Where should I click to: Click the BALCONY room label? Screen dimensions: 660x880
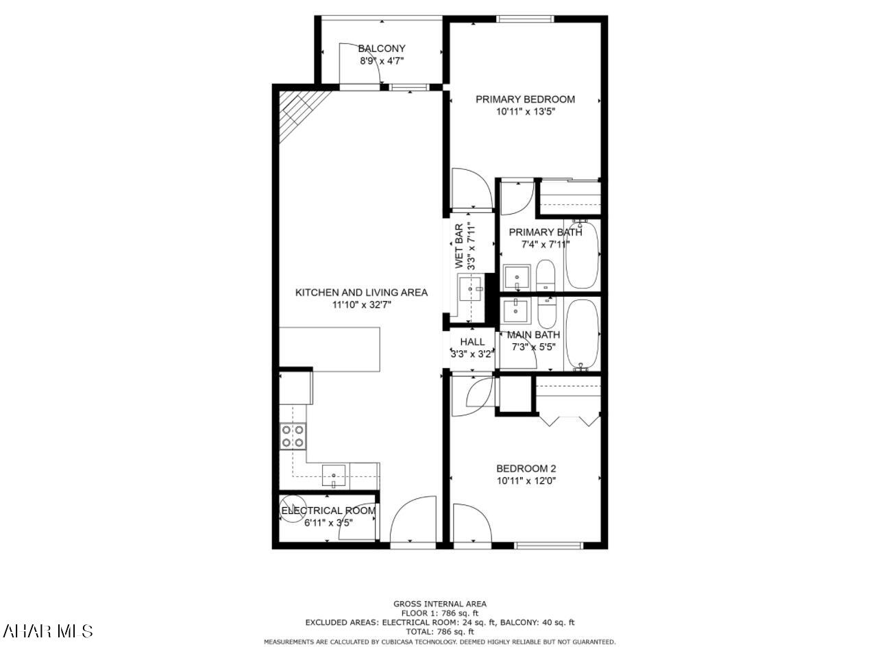point(382,49)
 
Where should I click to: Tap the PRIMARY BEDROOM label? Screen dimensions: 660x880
point(525,99)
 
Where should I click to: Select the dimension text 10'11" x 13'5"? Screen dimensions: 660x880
point(525,112)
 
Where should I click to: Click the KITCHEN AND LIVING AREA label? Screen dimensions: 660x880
point(361,293)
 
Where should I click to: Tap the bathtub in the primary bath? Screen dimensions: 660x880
point(582,254)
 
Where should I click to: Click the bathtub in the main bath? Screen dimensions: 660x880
point(582,335)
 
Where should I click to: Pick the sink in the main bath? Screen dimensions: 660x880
point(515,310)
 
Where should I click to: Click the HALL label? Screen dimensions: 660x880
point(472,342)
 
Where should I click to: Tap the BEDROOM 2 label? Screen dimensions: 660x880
point(526,469)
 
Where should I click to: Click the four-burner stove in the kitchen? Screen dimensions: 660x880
point(293,437)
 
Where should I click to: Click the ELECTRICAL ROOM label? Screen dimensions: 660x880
point(328,511)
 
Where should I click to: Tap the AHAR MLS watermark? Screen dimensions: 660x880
point(48,631)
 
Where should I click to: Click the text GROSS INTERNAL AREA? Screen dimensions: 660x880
point(440,604)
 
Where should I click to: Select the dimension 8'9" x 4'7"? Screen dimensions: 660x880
point(382,61)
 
